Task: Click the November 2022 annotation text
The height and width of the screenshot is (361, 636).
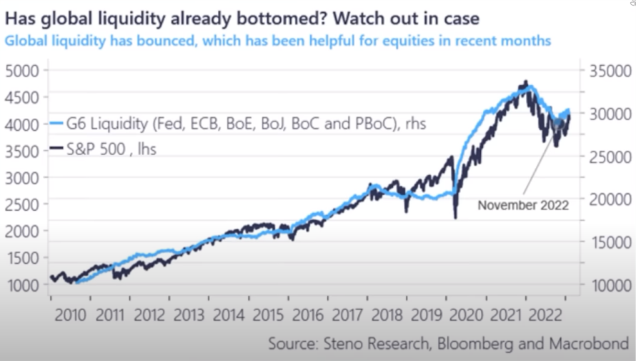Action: (523, 205)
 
